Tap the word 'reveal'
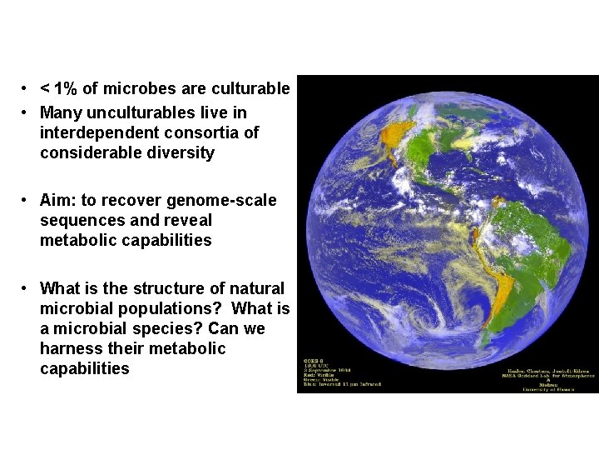click(188, 221)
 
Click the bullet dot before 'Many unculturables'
click(27, 112)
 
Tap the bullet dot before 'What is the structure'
click(27, 288)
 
